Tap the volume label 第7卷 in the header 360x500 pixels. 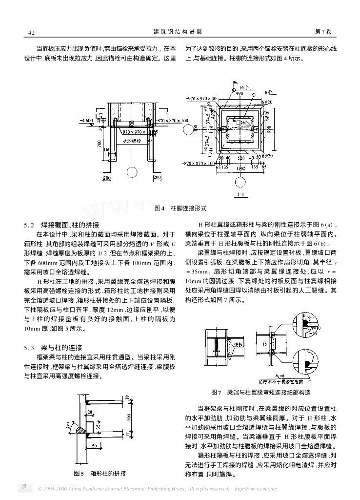pos(323,32)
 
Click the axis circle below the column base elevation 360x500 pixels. pos(131,172)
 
